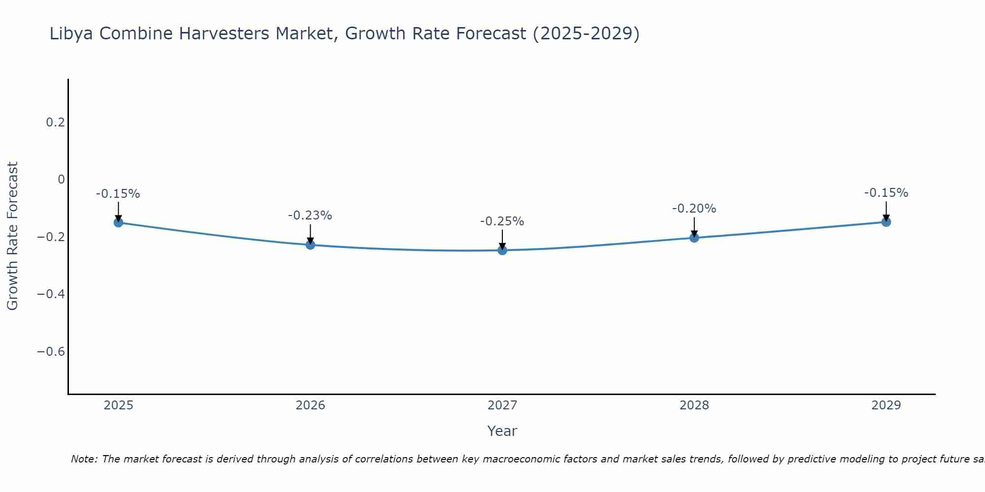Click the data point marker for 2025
(x=118, y=222)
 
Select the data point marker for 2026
(x=310, y=245)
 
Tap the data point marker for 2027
(x=502, y=250)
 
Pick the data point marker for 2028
(x=694, y=238)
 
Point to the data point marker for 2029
(x=886, y=222)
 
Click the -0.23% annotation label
(x=310, y=215)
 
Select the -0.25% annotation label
(x=502, y=221)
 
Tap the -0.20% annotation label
(x=694, y=209)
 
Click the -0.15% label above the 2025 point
(x=118, y=194)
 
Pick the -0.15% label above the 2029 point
(x=886, y=193)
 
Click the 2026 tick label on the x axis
(x=310, y=405)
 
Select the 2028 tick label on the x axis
(x=694, y=405)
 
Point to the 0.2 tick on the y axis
(x=56, y=122)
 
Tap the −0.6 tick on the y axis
(x=51, y=351)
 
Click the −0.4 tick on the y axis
(x=51, y=294)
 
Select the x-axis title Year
(x=502, y=431)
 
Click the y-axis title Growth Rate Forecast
(x=12, y=236)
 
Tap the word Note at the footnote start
(x=84, y=459)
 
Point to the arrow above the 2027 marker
(x=502, y=240)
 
